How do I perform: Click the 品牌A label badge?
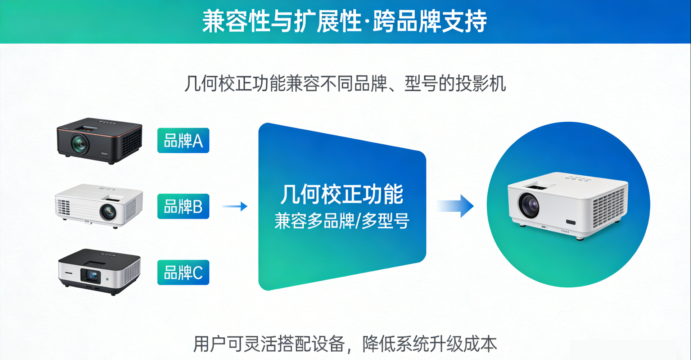click(x=183, y=140)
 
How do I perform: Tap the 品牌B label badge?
click(x=183, y=206)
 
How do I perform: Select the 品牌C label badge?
click(x=183, y=273)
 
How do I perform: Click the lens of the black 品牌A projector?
click(x=80, y=143)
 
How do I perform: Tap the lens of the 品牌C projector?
click(x=91, y=275)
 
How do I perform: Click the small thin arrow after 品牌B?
click(x=235, y=206)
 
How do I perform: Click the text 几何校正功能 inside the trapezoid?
click(x=342, y=194)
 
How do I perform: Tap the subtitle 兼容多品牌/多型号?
click(x=342, y=221)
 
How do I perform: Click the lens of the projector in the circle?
click(x=529, y=204)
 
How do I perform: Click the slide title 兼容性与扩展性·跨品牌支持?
click(x=344, y=21)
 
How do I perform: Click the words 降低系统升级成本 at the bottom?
click(x=430, y=344)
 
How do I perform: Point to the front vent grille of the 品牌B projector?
click(x=63, y=207)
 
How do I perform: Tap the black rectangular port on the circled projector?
click(x=571, y=222)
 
